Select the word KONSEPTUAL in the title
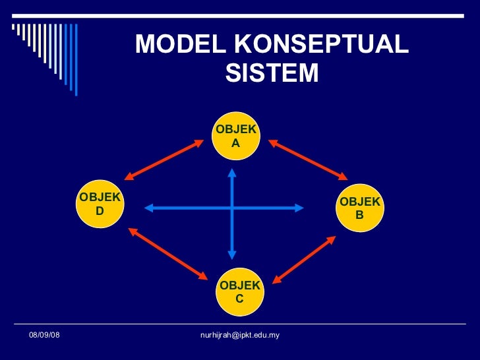(320, 44)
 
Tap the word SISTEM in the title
(272, 73)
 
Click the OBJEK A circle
(236, 135)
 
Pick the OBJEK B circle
(359, 208)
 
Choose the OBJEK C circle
(240, 292)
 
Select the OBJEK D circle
(100, 204)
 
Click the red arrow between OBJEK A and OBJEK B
(307, 158)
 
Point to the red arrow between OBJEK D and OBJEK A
(164, 159)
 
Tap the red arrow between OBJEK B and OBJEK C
(304, 260)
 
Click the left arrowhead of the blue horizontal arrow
(149, 208)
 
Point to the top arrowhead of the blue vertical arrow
(232, 173)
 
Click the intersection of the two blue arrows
(232, 208)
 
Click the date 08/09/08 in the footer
(44, 336)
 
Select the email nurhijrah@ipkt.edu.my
(239, 336)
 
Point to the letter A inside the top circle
(236, 142)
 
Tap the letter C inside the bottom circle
(240, 299)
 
